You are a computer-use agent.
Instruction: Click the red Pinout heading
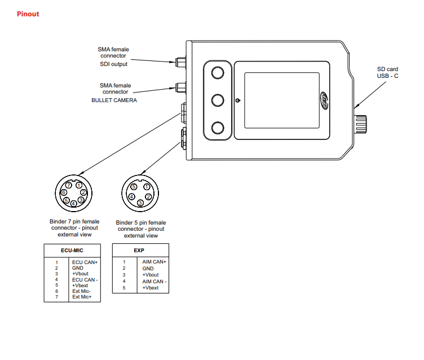[x=28, y=14]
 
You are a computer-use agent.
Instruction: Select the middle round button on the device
[x=218, y=100]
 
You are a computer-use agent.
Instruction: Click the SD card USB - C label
[x=387, y=72]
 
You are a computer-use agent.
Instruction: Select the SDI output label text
[x=114, y=64]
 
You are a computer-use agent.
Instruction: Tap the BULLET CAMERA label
[x=114, y=100]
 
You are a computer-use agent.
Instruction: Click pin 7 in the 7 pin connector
[x=68, y=185]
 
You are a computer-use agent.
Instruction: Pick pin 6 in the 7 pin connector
[x=64, y=192]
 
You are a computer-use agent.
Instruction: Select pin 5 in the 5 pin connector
[x=134, y=187]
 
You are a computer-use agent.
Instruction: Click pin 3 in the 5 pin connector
[x=140, y=202]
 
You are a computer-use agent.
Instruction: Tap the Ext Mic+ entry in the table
[x=82, y=296]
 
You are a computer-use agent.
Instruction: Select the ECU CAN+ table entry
[x=85, y=262]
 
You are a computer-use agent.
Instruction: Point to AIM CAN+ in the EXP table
[x=154, y=262]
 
